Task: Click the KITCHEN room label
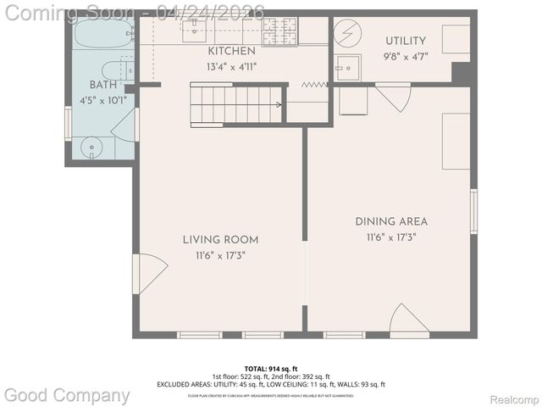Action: (x=226, y=52)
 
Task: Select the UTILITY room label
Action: (x=406, y=41)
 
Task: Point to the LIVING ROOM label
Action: (x=220, y=239)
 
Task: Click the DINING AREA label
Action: (x=385, y=221)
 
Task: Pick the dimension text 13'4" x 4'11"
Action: (x=226, y=66)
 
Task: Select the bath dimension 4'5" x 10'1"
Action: (x=103, y=99)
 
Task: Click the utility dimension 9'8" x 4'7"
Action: (x=406, y=57)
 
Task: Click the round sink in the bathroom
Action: (x=92, y=148)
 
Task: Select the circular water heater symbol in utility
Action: (x=347, y=34)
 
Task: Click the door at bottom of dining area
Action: (x=409, y=322)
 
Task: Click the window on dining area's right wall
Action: (x=473, y=211)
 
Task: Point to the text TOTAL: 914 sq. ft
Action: (x=270, y=369)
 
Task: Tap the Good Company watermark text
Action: (x=68, y=395)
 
